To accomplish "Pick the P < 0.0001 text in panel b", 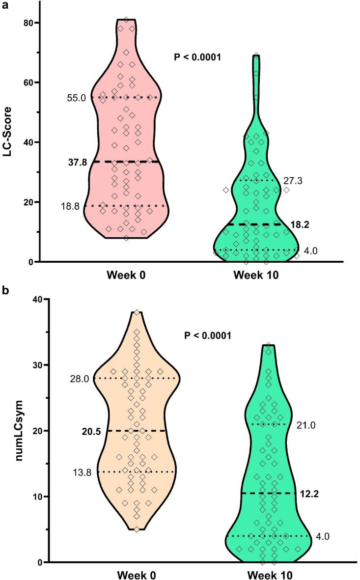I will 208,336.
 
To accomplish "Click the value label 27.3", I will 293,181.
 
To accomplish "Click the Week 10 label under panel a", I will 255,276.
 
